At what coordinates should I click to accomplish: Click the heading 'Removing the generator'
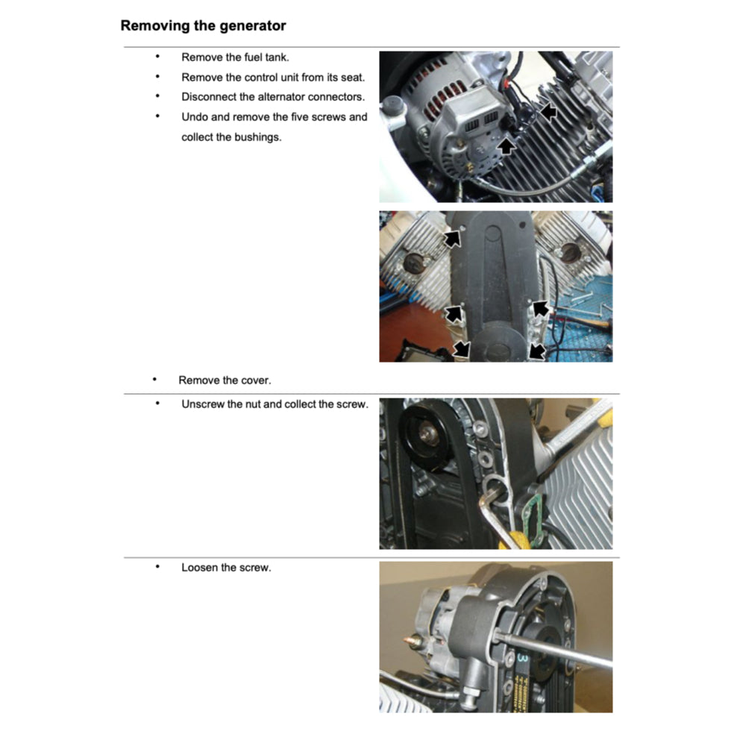click(x=203, y=25)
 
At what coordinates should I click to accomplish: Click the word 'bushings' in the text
click(x=257, y=137)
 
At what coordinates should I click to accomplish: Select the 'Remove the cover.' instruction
click(x=225, y=380)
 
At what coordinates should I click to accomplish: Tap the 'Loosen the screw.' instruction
click(x=226, y=568)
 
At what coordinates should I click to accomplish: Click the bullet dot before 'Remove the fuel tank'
click(x=157, y=57)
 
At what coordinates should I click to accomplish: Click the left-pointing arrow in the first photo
click(x=548, y=112)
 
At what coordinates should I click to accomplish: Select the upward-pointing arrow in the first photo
click(x=507, y=145)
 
